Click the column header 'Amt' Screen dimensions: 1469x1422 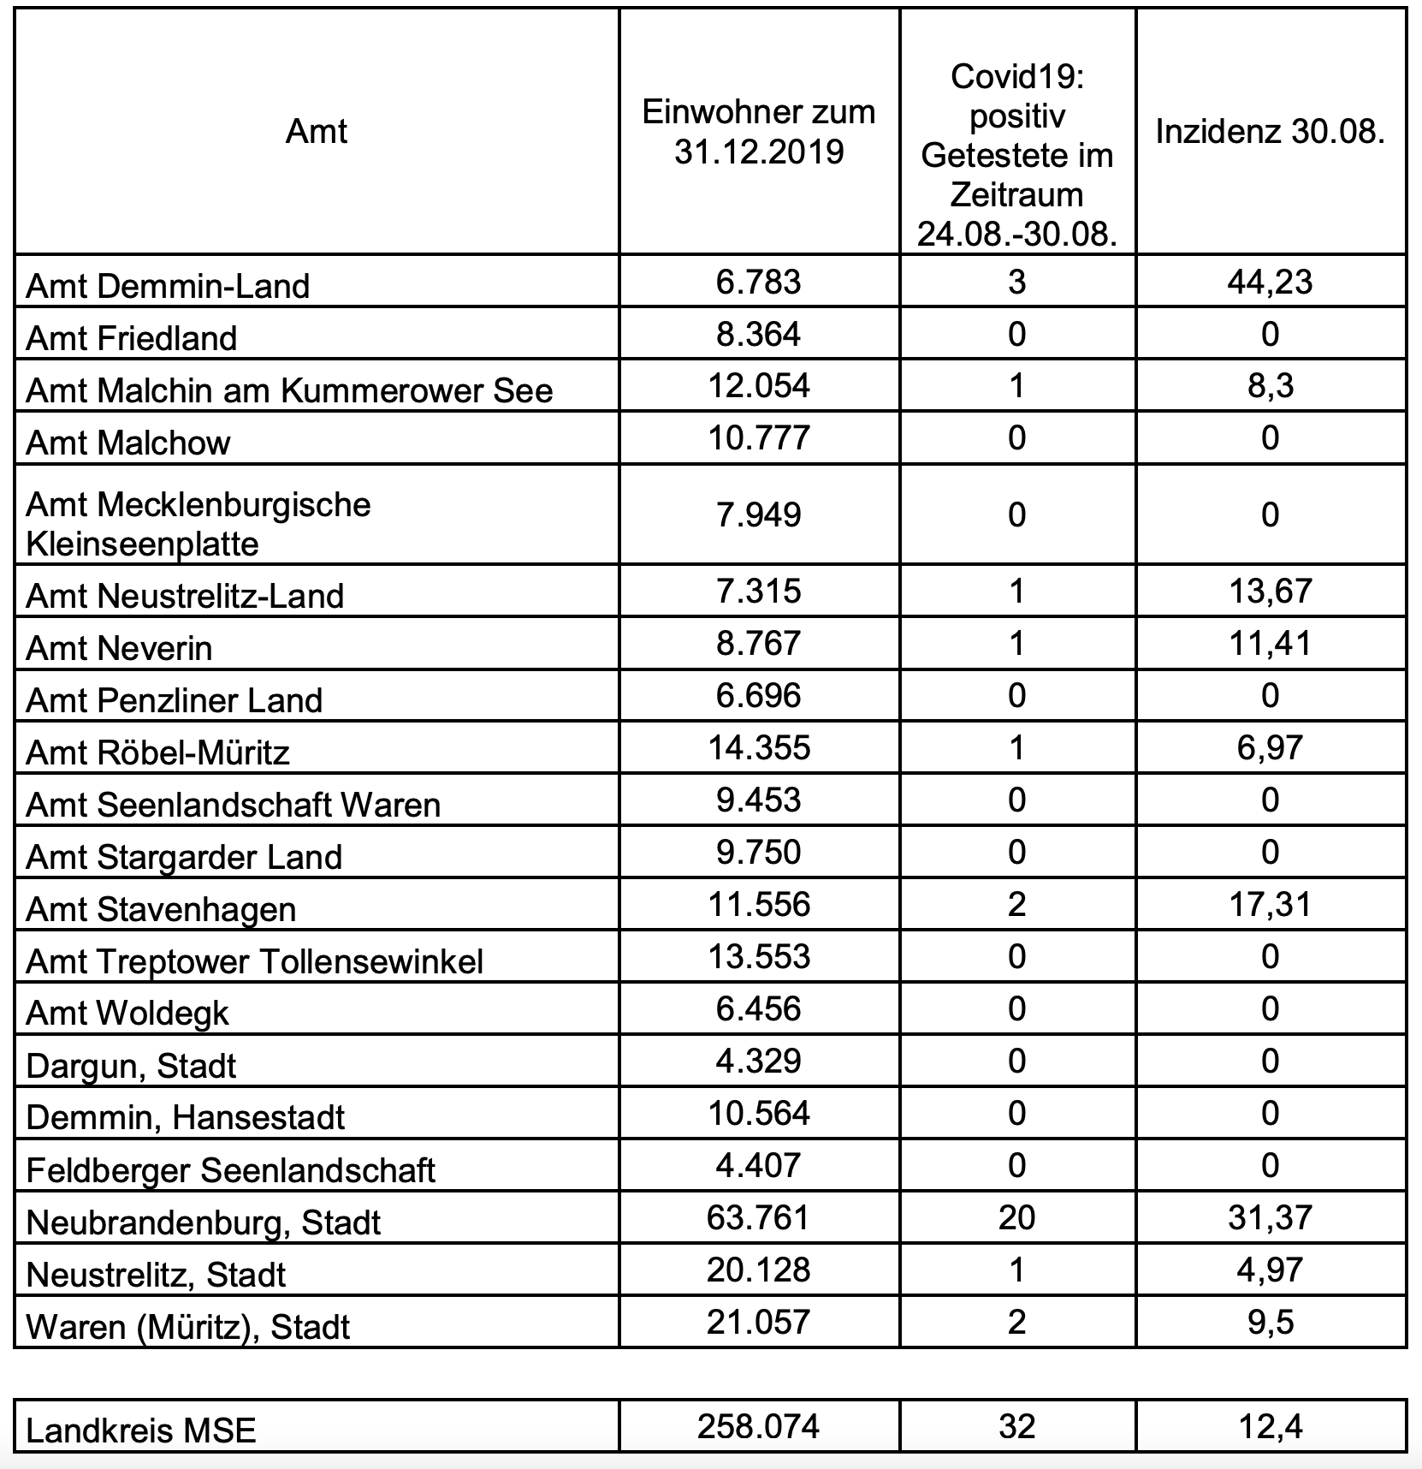coord(316,132)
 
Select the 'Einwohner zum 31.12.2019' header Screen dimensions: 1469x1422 coord(759,132)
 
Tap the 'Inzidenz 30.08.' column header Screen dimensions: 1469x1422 coord(1270,132)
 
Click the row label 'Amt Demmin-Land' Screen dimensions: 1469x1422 coord(168,286)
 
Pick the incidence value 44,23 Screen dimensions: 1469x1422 coord(1270,282)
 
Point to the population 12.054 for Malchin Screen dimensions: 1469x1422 coord(759,386)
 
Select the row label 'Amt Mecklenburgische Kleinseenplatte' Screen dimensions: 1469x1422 coord(198,524)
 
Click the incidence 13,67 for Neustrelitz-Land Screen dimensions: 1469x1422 coord(1270,591)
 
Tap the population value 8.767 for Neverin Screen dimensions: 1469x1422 coord(759,643)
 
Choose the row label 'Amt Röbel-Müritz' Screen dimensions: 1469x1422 coord(158,752)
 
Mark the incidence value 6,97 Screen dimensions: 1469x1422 coord(1270,747)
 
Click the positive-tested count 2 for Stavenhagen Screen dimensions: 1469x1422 coord(1016,904)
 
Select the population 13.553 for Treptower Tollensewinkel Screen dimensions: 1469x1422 coord(759,956)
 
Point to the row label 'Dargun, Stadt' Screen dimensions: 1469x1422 coord(131,1066)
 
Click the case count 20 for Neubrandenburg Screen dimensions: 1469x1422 coord(1016,1217)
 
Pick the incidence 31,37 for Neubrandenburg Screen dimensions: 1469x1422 coord(1270,1217)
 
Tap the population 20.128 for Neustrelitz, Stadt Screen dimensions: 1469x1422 coord(759,1270)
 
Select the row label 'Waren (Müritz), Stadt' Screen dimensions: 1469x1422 coord(188,1327)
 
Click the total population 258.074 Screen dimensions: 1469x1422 coord(759,1426)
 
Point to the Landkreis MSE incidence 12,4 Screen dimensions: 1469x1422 coord(1270,1426)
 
